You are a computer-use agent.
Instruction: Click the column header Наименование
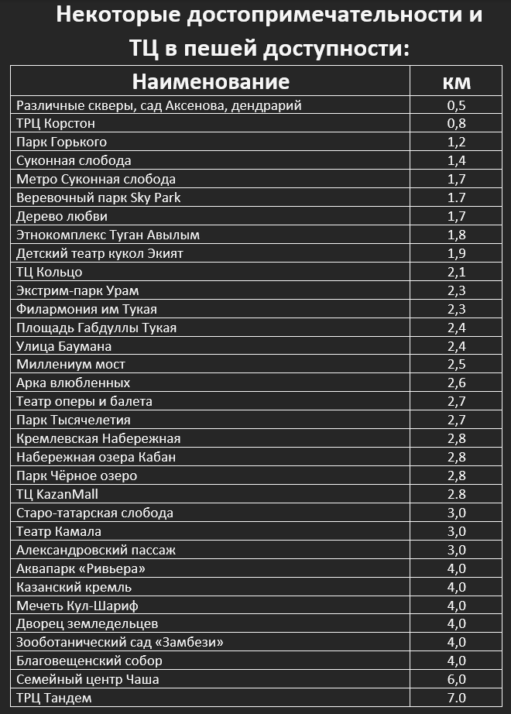point(210,81)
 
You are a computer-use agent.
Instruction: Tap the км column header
point(456,81)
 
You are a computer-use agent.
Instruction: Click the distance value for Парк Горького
point(456,142)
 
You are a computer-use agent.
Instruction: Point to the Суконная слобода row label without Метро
point(74,161)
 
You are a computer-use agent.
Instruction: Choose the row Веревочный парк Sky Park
point(98,198)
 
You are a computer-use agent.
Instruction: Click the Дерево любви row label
point(62,217)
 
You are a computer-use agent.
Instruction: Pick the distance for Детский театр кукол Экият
point(456,254)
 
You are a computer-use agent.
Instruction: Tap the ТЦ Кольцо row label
point(50,273)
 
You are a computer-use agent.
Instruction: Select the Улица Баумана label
point(64,346)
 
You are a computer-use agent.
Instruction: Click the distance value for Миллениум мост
point(456,365)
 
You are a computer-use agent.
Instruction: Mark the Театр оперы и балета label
point(84,402)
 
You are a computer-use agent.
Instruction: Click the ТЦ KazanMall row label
point(57,494)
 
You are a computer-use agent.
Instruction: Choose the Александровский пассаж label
point(96,550)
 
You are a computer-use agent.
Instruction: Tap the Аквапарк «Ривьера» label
point(81,568)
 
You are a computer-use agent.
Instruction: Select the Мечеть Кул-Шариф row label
point(77,606)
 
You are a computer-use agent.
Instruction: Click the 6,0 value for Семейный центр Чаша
point(456,679)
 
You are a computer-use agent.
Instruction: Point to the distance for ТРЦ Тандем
point(456,698)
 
